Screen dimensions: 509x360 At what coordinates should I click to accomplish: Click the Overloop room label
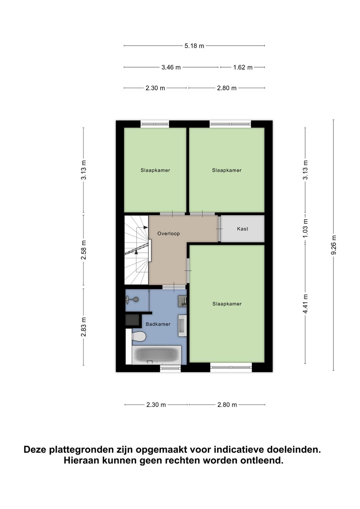168,233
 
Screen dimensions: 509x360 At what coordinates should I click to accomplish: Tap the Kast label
242,229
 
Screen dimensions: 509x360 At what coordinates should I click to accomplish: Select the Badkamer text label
158,324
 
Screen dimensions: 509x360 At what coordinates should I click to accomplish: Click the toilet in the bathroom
139,336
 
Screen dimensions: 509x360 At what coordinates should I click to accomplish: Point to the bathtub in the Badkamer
157,355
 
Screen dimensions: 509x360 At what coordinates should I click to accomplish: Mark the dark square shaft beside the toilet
132,320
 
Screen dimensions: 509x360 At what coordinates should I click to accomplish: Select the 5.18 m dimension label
194,46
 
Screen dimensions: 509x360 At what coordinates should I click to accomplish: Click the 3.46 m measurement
171,67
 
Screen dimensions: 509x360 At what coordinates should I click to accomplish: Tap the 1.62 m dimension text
243,67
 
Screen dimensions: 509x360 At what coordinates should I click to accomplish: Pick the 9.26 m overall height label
334,245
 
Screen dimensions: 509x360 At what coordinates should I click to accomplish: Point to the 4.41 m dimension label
305,304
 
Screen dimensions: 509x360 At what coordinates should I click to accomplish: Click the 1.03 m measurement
305,228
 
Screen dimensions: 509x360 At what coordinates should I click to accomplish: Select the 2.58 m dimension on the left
84,250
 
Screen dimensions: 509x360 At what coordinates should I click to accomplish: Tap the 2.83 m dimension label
84,327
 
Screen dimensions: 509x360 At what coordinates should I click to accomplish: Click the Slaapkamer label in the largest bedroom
227,304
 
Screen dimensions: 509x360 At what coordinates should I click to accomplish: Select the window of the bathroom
170,368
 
